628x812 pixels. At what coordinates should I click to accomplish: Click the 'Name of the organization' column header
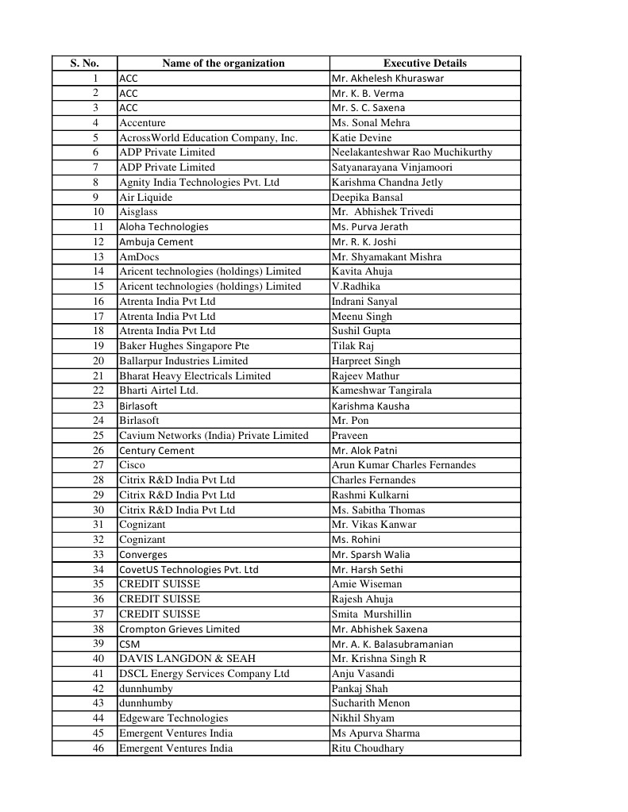click(223, 63)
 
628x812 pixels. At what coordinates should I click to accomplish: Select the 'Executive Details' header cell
click(425, 63)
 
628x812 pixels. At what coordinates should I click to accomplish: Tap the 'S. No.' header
click(84, 63)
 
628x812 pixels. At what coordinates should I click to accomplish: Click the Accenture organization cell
click(142, 123)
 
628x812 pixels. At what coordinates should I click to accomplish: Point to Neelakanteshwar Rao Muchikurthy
click(411, 152)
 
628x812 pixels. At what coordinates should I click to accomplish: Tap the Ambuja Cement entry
click(156, 242)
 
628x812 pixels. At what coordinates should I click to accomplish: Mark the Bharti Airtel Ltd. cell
click(158, 391)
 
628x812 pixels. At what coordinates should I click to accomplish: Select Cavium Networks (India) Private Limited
click(213, 436)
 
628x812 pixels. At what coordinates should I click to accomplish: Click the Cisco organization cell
click(132, 465)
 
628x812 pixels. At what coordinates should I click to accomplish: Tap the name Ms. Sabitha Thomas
click(378, 510)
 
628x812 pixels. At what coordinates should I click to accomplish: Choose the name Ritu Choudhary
click(368, 749)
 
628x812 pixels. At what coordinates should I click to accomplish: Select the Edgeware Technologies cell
click(173, 718)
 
